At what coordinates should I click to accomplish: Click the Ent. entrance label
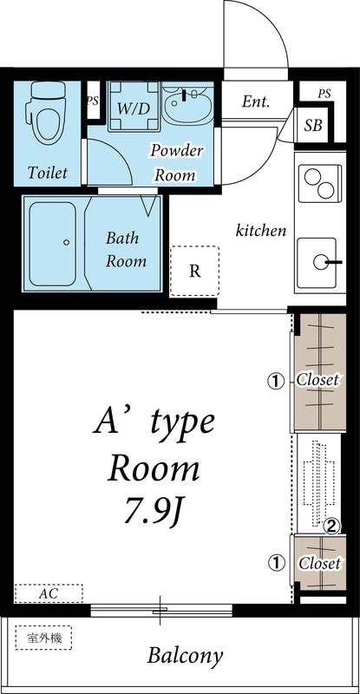tap(255, 101)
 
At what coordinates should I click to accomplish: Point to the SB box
tap(313, 125)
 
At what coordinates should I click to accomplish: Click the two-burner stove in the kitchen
tap(320, 184)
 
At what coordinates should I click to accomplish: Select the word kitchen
tap(261, 231)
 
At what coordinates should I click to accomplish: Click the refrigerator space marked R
tap(195, 271)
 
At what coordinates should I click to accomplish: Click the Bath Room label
tap(126, 248)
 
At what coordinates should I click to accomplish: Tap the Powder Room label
tap(177, 161)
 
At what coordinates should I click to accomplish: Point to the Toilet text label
tap(47, 173)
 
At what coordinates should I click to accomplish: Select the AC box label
tap(49, 594)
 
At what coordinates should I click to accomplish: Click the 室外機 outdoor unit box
tap(43, 638)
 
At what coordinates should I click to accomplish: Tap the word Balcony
tap(184, 655)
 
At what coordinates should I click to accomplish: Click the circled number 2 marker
tap(330, 525)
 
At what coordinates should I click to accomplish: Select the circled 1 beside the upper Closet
tap(276, 380)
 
